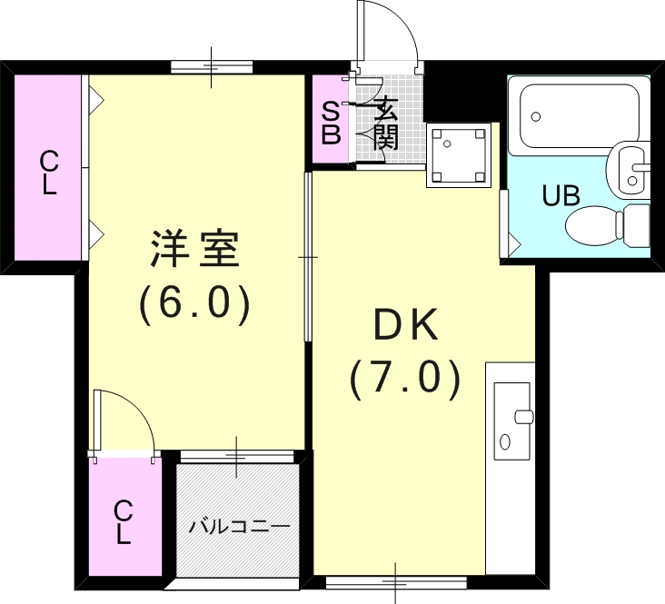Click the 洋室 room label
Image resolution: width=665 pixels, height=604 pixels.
coord(194,251)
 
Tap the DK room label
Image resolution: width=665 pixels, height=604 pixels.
coord(405,324)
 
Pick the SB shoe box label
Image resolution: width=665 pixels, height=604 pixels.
coord(332,125)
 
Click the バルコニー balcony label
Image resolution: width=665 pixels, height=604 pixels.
coord(239,526)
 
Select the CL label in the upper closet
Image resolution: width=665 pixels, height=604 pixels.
coord(48,173)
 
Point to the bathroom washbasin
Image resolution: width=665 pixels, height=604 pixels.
coord(632,167)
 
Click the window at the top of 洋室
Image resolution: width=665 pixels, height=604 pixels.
coord(212,66)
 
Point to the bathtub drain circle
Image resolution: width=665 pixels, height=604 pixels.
coord(536,116)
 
